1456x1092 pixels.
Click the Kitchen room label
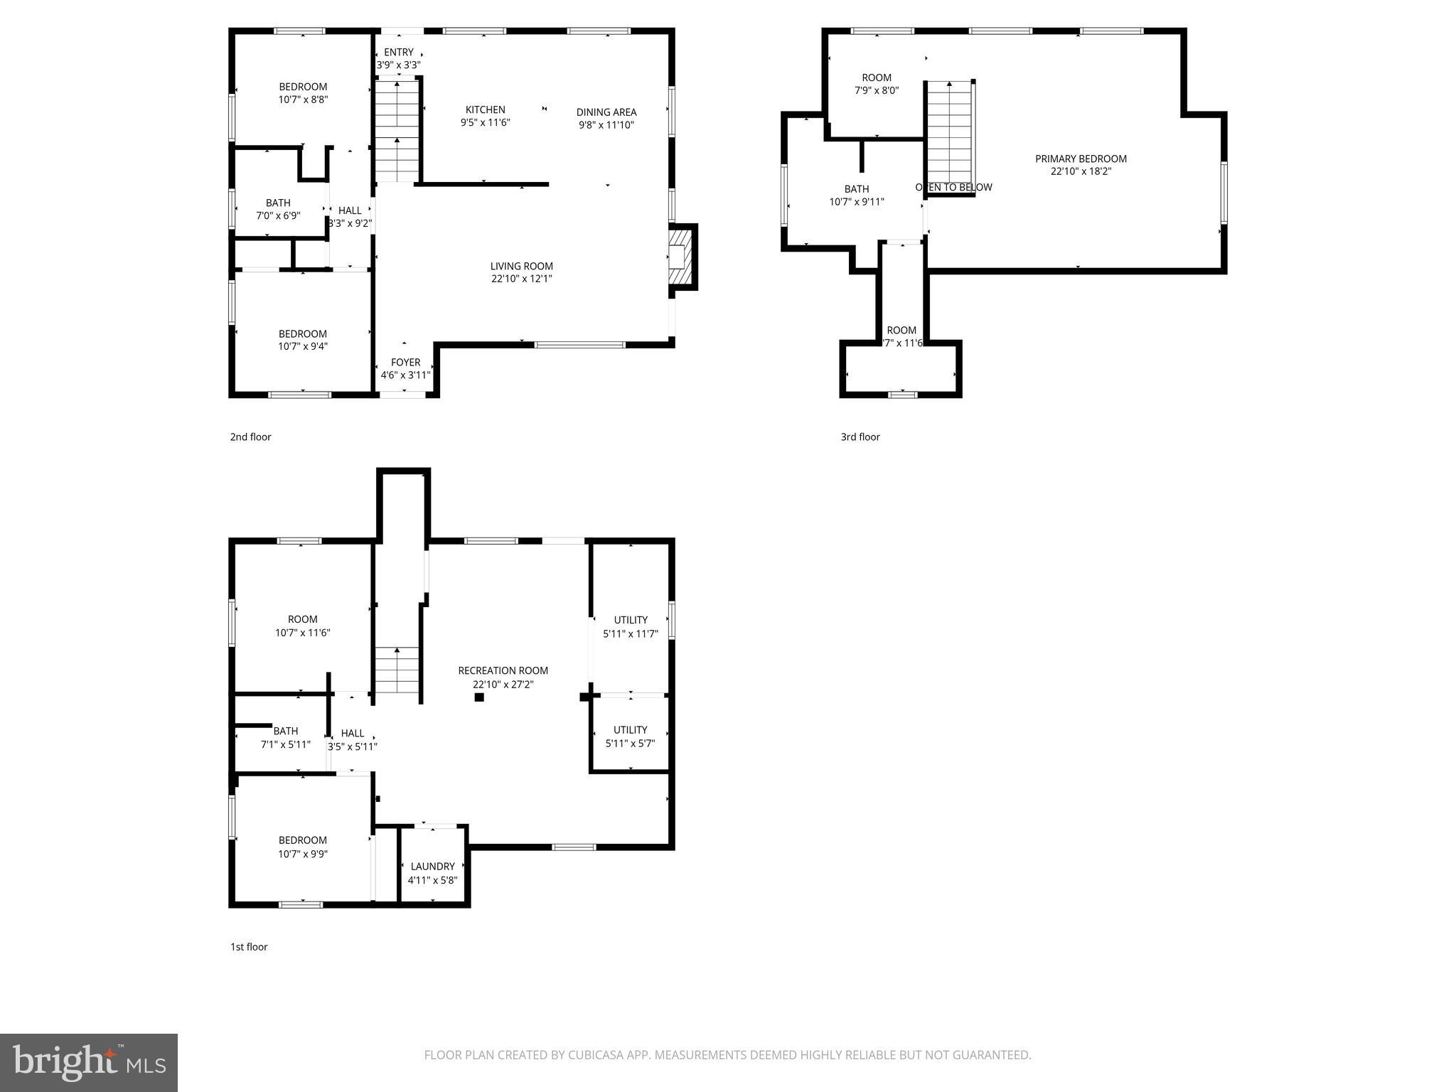[485, 109]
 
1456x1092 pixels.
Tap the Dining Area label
[606, 112]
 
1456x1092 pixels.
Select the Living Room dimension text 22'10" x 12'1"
[521, 279]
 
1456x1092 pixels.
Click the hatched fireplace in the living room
[681, 257]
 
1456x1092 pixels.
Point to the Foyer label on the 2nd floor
[405, 363]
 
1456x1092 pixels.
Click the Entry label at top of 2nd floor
[398, 52]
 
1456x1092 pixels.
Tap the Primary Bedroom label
[1081, 159]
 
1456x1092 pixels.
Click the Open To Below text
[953, 187]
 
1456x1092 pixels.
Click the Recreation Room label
[503, 670]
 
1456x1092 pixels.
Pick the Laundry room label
[432, 867]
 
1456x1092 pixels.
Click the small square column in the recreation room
[479, 697]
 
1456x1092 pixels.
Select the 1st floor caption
[249, 947]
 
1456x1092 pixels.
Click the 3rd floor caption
[860, 437]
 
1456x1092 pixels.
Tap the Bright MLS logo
[89, 1062]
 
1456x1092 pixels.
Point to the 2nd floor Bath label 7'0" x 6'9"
[278, 203]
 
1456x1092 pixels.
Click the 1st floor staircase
[397, 670]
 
